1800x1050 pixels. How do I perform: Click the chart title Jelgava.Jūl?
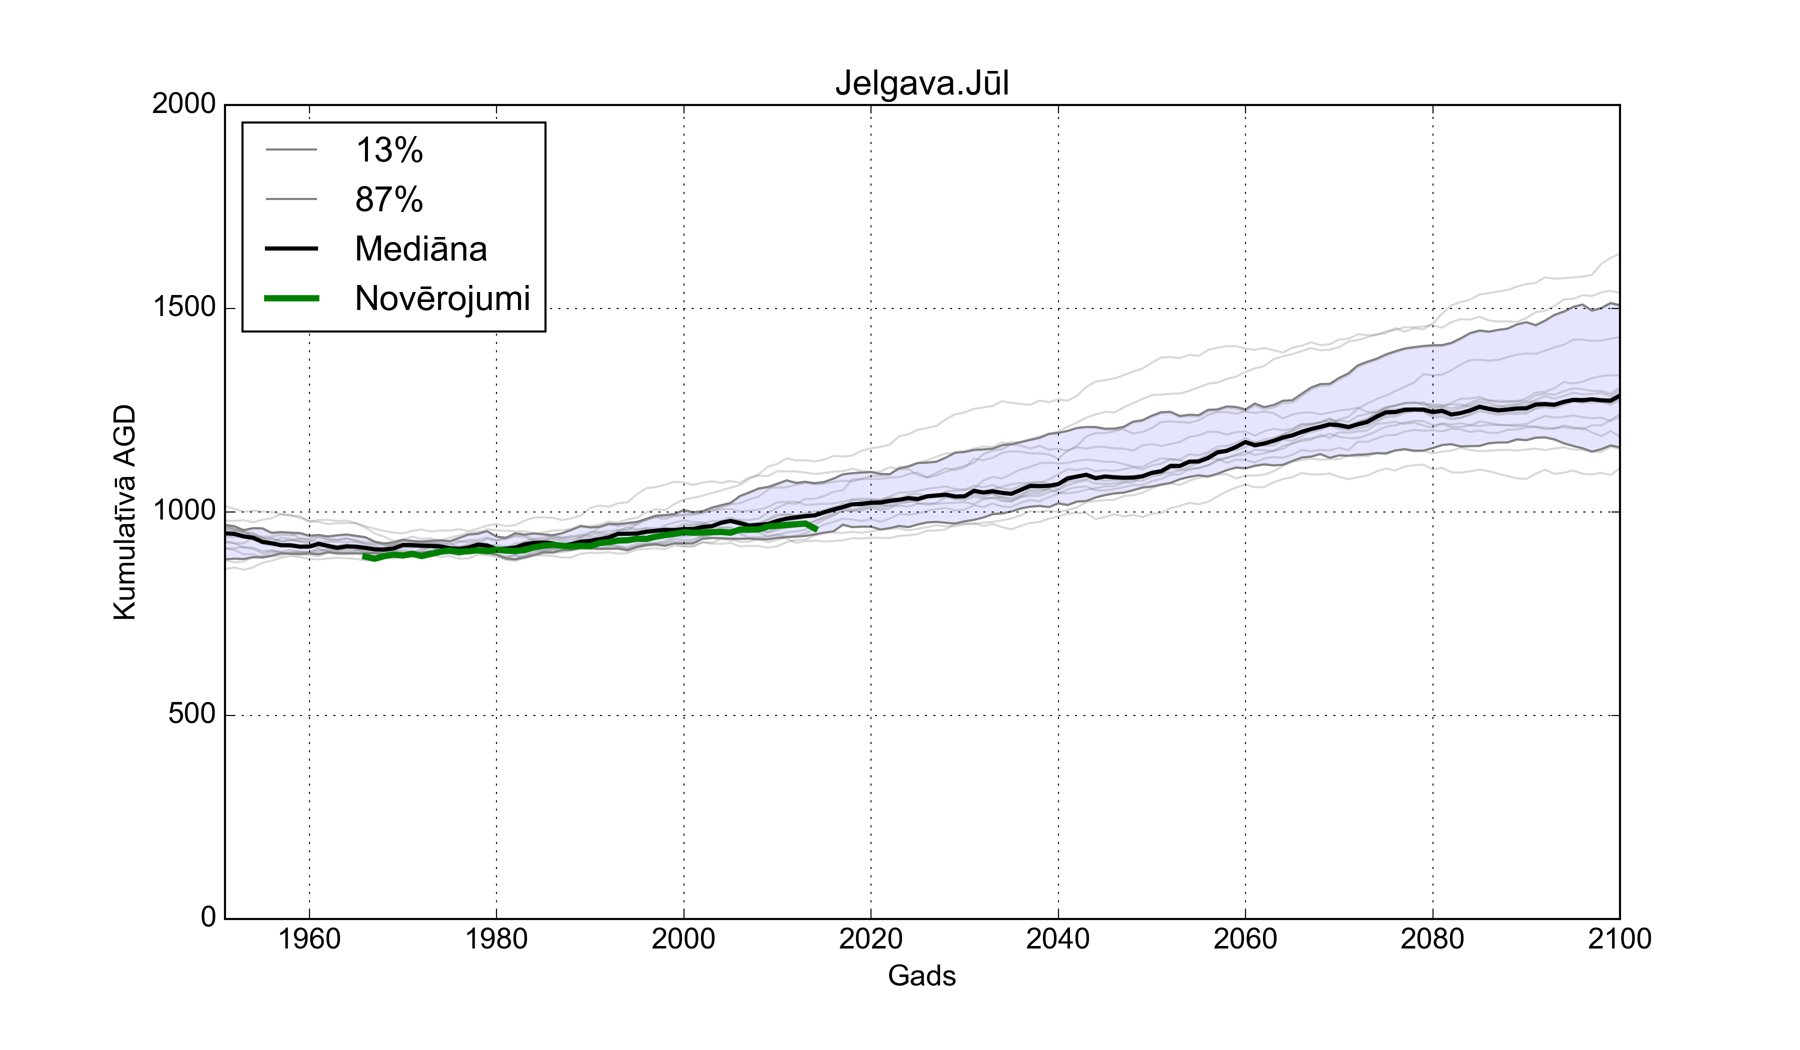[921, 83]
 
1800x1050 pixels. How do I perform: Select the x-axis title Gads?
[921, 975]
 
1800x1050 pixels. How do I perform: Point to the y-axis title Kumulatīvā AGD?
[124, 511]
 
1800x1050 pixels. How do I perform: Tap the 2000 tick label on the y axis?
[183, 104]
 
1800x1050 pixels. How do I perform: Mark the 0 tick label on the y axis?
[208, 916]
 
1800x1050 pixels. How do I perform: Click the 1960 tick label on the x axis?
[309, 938]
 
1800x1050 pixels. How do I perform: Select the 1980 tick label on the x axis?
[496, 938]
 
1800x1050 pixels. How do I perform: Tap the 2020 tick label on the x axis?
[870, 938]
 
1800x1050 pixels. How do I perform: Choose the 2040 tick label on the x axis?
[1058, 938]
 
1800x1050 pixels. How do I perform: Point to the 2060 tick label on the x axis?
[1245, 938]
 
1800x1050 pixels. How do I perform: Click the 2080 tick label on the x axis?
[1432, 938]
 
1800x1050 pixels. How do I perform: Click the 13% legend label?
[389, 150]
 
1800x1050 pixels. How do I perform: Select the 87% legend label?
[389, 200]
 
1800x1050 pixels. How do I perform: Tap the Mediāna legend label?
[420, 249]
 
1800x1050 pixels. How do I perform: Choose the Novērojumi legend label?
[442, 298]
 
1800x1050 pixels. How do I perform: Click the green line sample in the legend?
[291, 298]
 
